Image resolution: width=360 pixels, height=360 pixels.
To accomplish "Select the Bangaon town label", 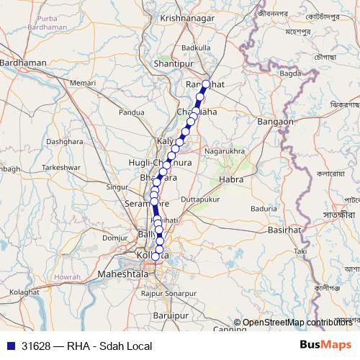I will click(x=275, y=122).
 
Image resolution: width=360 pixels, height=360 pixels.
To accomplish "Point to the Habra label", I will click(x=231, y=178).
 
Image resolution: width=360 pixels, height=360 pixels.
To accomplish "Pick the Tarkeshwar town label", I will click(x=59, y=166).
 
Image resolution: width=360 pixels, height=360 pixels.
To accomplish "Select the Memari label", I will click(x=84, y=84).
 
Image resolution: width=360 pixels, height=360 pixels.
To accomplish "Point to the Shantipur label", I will click(x=175, y=64).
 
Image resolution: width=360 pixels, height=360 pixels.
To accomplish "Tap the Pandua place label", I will click(x=132, y=112).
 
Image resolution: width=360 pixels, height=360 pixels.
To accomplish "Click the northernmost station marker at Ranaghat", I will click(x=206, y=84).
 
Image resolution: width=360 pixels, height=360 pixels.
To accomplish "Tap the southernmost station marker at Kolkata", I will click(x=156, y=256).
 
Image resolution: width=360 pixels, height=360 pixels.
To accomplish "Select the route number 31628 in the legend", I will click(x=35, y=346).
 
